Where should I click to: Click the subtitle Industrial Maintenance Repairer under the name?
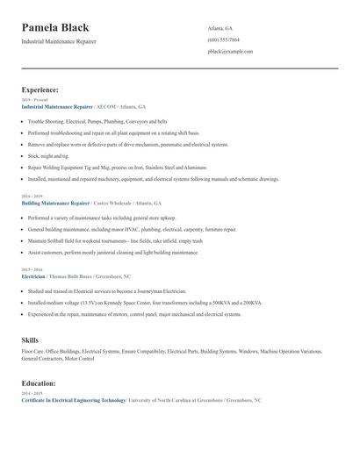click(59, 41)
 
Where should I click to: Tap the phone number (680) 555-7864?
click(223, 40)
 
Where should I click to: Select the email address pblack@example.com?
click(230, 52)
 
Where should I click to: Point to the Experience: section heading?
click(40, 89)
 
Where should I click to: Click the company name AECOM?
click(107, 106)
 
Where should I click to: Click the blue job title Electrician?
click(32, 276)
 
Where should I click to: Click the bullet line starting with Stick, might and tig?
click(49, 155)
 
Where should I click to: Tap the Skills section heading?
click(30, 339)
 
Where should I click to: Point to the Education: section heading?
click(39, 383)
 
